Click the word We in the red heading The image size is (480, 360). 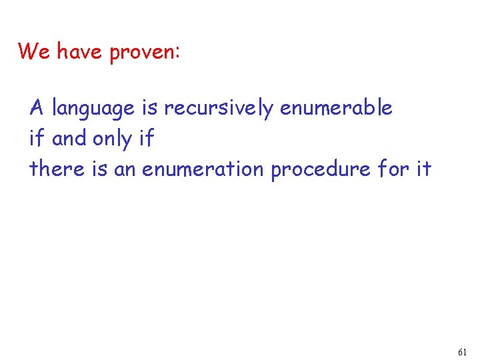(33, 51)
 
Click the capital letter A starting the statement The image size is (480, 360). (37, 107)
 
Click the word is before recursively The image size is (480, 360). (149, 107)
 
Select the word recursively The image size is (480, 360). (218, 109)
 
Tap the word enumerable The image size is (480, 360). (336, 107)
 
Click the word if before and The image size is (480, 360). (37, 139)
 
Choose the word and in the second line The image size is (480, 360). (69, 139)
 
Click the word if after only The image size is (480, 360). (147, 139)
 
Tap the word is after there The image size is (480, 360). (100, 169)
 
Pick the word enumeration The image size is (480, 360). (203, 169)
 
